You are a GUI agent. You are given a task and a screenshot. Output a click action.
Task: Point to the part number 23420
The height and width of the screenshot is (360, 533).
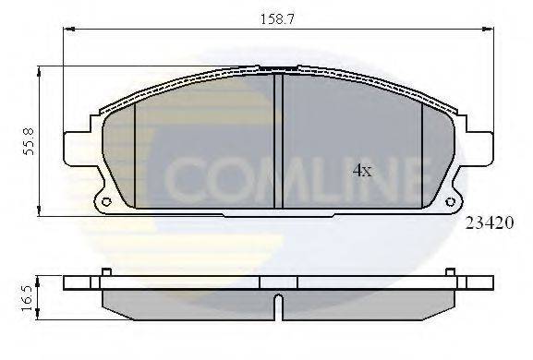(489, 222)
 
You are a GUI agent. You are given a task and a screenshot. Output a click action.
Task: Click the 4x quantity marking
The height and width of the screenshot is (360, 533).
(361, 170)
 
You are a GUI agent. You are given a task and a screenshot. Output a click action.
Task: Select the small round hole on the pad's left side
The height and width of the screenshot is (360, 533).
(105, 202)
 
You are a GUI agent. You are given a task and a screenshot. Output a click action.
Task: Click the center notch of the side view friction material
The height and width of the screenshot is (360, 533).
(278, 302)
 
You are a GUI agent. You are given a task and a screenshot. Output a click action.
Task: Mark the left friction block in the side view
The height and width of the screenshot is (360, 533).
(185, 302)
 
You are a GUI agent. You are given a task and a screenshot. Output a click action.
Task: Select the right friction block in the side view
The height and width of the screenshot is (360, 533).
(369, 302)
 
